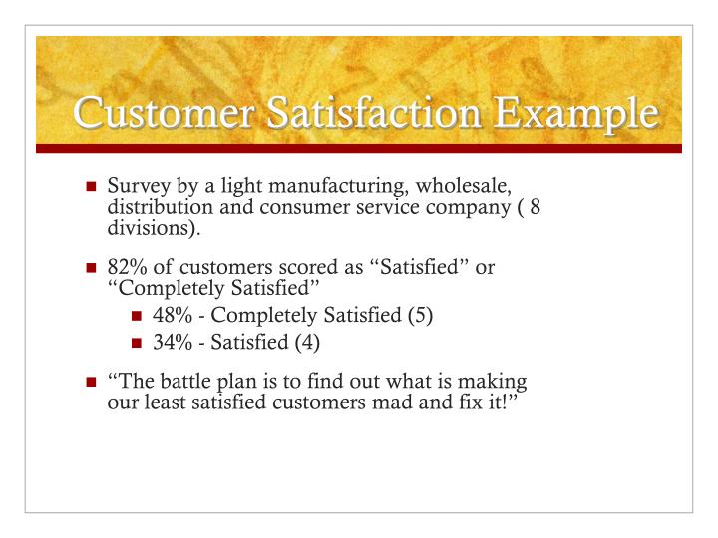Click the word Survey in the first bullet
click(x=139, y=187)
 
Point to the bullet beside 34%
click(x=139, y=342)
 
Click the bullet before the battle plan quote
click(x=92, y=382)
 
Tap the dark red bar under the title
click(x=359, y=148)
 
